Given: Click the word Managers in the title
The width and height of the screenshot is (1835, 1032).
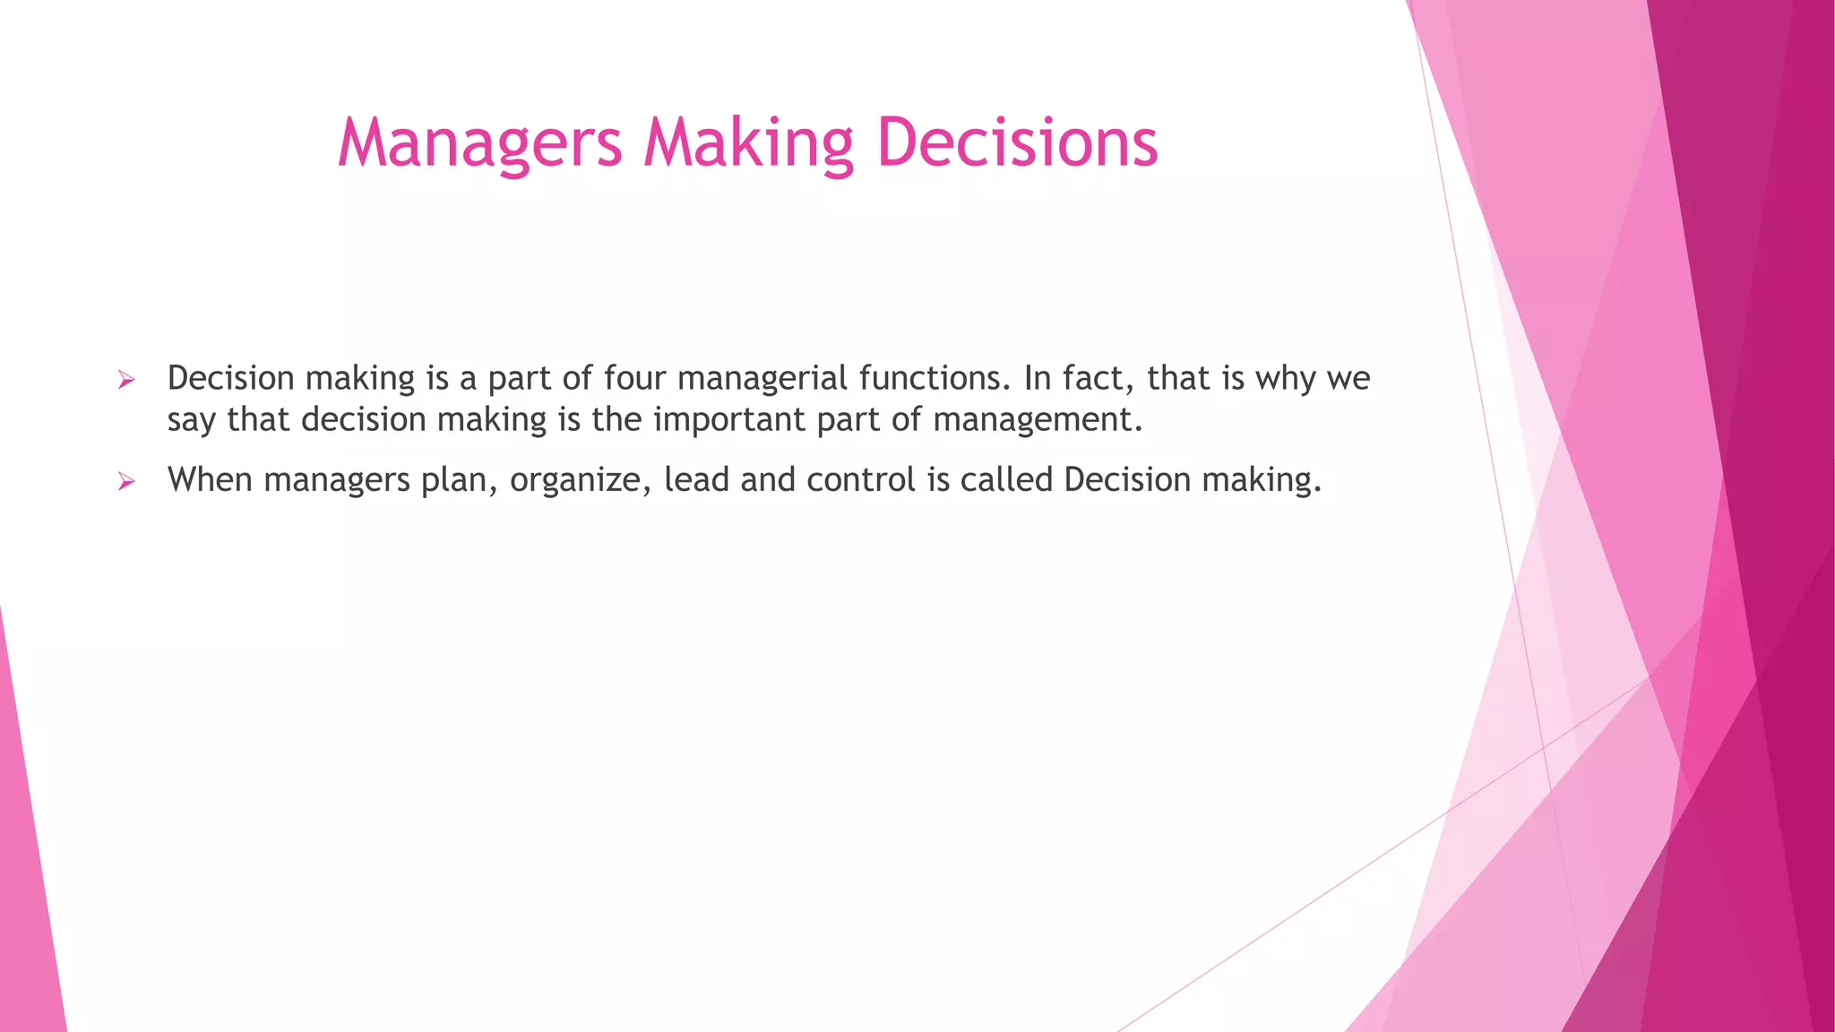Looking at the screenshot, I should pos(479,143).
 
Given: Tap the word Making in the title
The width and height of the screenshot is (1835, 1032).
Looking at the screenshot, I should pos(749,143).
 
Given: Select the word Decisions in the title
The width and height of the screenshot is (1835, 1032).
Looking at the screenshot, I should pos(1017,143).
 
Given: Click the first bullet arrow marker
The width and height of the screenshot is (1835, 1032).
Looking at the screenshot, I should pos(126,381).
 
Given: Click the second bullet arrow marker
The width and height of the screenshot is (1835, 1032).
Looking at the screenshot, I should pos(126,482).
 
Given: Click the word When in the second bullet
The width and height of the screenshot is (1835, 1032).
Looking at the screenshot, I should pos(210,480).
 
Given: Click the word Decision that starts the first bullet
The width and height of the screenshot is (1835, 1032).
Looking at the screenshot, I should pos(230,378).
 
